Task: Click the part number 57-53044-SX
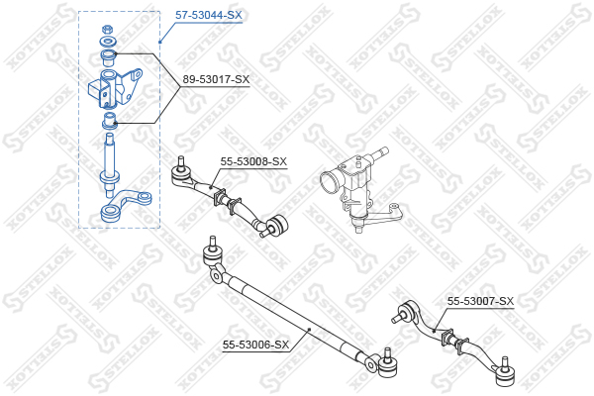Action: tap(208, 15)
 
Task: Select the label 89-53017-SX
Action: tap(216, 79)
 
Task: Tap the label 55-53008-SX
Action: tap(253, 161)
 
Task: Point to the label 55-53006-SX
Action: tap(255, 345)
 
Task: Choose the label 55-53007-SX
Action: tap(480, 301)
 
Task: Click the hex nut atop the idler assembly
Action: tap(107, 29)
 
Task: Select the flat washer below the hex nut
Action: tap(108, 41)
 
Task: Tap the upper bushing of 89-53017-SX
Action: tap(108, 57)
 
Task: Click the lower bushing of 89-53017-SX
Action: tap(110, 120)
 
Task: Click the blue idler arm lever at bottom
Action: tap(125, 207)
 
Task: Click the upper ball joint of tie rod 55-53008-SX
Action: tap(181, 173)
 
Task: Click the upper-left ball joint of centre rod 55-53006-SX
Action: tap(212, 253)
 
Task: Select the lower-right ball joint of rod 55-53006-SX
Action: tap(387, 363)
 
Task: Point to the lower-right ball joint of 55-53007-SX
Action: tap(505, 373)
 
